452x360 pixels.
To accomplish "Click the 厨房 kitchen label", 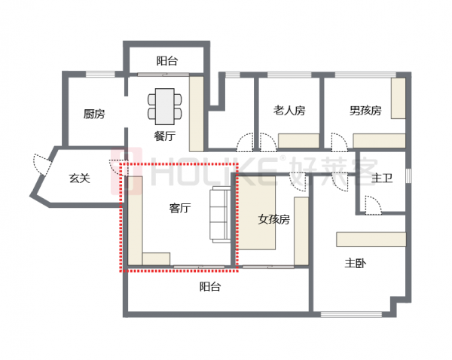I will point(94,114).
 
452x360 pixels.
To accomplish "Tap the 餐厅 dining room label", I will point(164,136).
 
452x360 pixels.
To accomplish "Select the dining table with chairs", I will point(165,105).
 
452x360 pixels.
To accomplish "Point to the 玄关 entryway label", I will point(80,178).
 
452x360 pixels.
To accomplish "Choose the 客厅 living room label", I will point(179,209).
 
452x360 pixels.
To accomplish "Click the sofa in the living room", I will point(221,214).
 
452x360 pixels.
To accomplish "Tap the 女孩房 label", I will point(273,220).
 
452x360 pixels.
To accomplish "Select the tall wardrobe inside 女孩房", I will point(301,230).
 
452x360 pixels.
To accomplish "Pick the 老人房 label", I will point(289,111).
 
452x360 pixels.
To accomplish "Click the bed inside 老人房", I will point(299,141).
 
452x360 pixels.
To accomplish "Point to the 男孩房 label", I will point(365,111).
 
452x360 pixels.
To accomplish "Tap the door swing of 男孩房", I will point(338,142).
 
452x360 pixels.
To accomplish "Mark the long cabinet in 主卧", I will point(372,239).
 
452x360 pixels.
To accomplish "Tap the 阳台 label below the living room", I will point(210,287).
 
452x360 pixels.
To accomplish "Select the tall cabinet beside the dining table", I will point(197,111).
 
